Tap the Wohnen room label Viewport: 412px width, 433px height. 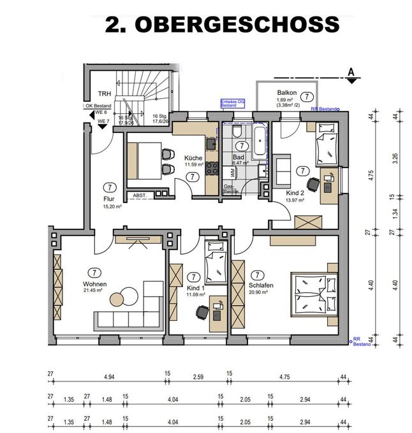pos(94,284)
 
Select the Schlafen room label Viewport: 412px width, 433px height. pos(262,286)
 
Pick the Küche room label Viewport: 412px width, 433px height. pos(193,158)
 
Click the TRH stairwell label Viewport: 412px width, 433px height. pos(96,93)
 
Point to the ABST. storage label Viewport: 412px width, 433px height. pos(140,195)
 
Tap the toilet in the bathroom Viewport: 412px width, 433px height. pos(237,131)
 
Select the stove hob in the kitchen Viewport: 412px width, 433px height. pos(211,169)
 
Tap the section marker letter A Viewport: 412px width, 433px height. pos(351,72)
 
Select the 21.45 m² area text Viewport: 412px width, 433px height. pos(94,291)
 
